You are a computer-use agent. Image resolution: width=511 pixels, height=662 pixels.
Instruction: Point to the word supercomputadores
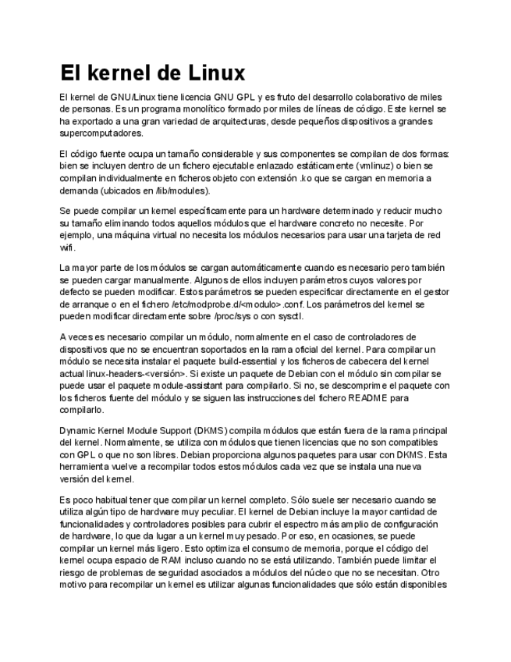tap(100, 133)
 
